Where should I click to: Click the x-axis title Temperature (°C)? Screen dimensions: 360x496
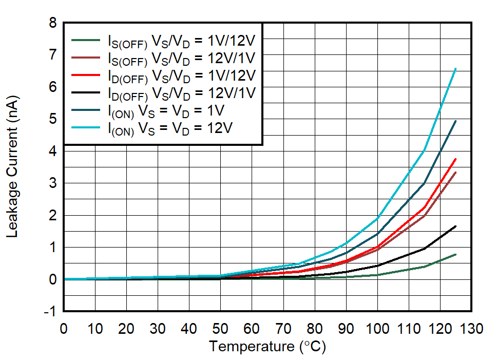click(x=267, y=347)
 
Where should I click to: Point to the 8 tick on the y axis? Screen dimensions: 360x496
click(x=52, y=23)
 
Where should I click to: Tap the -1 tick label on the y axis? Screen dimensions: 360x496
click(x=50, y=312)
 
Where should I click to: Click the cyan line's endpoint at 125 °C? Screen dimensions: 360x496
click(x=455, y=69)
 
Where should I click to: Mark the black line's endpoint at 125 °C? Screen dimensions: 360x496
click(x=455, y=226)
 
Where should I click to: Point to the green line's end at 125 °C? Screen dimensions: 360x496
click(x=455, y=254)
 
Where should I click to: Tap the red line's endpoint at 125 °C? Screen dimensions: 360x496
click(x=455, y=159)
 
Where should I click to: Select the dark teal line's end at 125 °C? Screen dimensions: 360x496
click(x=455, y=121)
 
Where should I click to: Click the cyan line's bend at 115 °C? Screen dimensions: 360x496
click(x=424, y=150)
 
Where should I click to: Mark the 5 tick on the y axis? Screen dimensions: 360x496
click(x=52, y=119)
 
